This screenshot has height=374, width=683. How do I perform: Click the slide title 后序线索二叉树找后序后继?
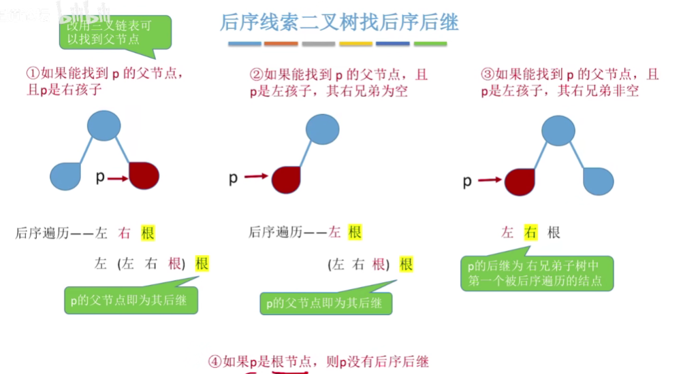click(339, 22)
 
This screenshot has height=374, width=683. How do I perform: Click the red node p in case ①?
click(144, 176)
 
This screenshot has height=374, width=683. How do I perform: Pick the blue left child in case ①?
click(65, 177)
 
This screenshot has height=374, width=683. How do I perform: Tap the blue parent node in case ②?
click(322, 129)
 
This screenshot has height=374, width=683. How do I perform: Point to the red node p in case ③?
click(520, 181)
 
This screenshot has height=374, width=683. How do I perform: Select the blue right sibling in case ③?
click(598, 182)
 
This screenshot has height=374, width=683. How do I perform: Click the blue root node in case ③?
click(558, 131)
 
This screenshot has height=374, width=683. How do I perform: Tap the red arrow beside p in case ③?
click(490, 180)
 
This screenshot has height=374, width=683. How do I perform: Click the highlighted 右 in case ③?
click(530, 233)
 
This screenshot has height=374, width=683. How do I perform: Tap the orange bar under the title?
click(281, 44)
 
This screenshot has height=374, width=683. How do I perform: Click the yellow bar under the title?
click(355, 44)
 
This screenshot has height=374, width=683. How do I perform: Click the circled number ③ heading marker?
click(487, 74)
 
